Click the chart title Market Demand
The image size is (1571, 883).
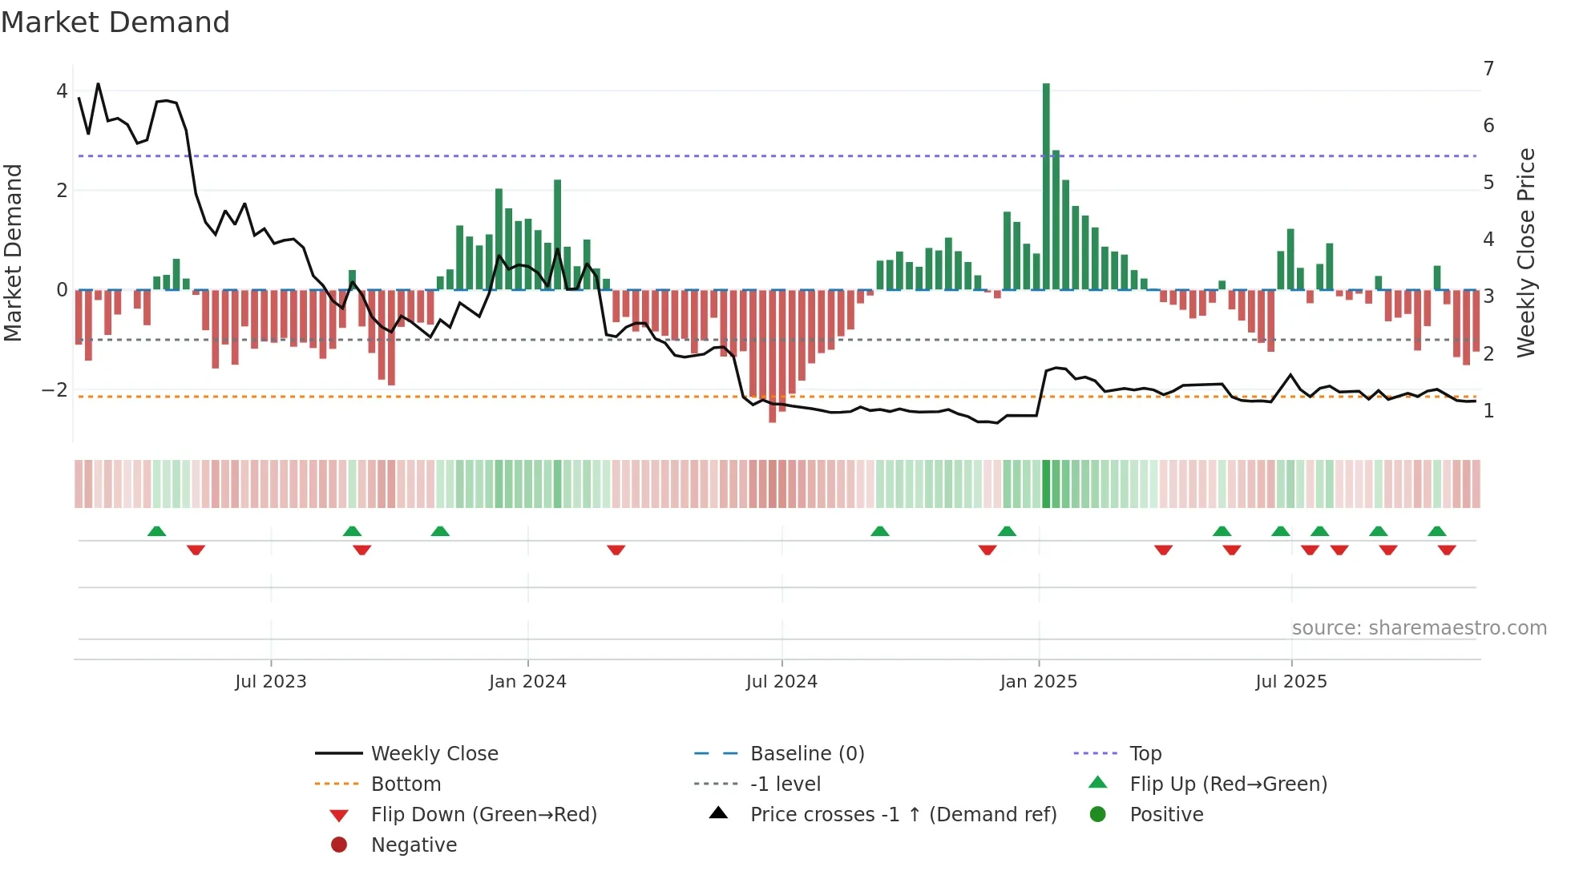pos(115,22)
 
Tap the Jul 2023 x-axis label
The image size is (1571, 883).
pos(271,682)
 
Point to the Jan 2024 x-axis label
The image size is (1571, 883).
pos(527,682)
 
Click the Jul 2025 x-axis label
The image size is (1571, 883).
pos(1291,682)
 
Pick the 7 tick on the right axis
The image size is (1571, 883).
pos(1488,69)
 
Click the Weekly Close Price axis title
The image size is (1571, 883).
pos(1526,252)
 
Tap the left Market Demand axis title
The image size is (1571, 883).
pos(13,252)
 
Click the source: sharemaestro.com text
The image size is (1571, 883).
pos(1419,628)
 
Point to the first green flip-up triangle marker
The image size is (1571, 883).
pos(157,531)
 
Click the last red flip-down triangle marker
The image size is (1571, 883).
pos(1447,550)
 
